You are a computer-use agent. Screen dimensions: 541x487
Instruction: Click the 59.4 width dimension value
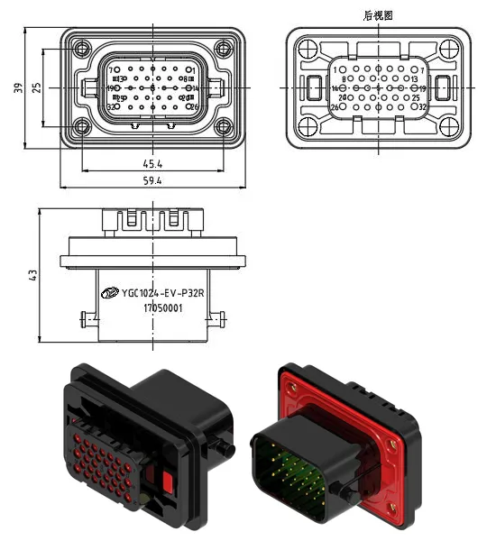click(152, 180)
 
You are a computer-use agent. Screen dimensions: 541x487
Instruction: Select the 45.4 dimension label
click(152, 164)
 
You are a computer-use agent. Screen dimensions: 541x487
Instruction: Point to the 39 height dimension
click(18, 87)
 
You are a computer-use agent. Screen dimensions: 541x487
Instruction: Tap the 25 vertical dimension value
click(37, 87)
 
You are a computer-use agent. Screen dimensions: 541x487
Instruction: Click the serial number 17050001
click(163, 307)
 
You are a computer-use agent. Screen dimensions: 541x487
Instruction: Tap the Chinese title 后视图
click(377, 15)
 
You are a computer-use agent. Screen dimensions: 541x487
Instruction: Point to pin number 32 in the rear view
click(422, 107)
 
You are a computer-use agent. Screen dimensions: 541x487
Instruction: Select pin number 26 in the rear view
click(335, 107)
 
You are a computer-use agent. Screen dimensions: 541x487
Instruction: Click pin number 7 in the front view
click(111, 70)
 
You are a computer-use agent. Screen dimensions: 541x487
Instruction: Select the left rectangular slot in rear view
click(313, 88)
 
